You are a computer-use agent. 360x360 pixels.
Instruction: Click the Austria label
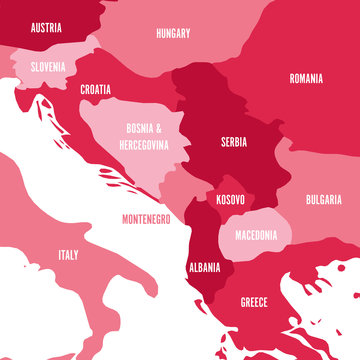[47, 28]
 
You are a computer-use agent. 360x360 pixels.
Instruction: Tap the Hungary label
[173, 33]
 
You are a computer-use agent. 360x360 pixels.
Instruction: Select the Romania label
[307, 78]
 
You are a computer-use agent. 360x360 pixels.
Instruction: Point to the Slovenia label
[47, 66]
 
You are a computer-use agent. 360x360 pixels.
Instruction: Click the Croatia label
[96, 89]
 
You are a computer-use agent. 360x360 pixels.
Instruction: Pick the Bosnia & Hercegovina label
[147, 136]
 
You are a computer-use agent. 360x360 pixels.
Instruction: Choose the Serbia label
[234, 142]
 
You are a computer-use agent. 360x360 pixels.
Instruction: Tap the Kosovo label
[229, 200]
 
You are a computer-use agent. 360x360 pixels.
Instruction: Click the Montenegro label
[145, 217]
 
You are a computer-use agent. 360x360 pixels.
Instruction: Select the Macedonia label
[256, 235]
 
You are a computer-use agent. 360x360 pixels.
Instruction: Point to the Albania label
[204, 268]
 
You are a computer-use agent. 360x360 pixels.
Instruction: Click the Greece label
[254, 301]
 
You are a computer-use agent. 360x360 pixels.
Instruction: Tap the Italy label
[68, 255]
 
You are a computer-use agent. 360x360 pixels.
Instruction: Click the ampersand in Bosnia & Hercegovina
[167, 128]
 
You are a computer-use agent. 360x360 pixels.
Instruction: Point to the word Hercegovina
[147, 144]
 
